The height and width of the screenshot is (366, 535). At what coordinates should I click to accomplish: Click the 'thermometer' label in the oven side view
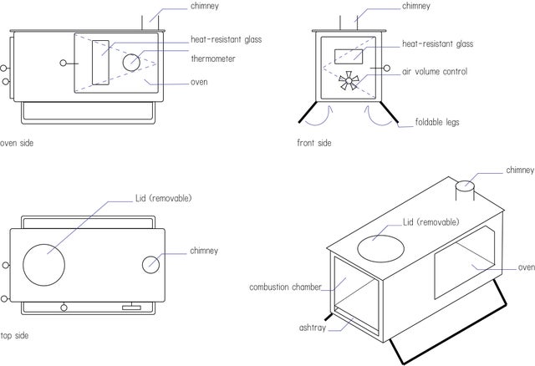point(212,58)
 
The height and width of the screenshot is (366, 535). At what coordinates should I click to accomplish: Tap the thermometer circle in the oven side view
point(132,62)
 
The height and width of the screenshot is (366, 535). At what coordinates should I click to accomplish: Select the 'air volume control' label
point(435,72)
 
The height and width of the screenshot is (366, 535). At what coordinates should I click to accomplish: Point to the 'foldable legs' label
point(437,122)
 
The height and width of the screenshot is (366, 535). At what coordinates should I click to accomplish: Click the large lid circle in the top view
point(43,264)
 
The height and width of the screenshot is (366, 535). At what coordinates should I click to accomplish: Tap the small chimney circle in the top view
point(150,263)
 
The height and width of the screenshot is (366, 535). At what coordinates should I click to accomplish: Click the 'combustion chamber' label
point(285,287)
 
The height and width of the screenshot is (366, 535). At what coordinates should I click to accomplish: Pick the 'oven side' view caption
point(17,143)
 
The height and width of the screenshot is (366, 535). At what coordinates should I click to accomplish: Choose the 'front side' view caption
point(314,143)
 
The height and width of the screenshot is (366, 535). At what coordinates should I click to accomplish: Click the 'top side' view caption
point(15,335)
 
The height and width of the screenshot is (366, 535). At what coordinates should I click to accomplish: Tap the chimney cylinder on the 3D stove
point(464,191)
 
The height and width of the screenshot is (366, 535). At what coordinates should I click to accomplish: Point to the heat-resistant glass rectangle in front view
point(349,57)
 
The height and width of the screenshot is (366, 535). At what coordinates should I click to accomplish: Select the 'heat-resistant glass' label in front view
point(437,43)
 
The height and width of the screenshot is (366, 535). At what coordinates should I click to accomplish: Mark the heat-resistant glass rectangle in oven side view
point(99,61)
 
